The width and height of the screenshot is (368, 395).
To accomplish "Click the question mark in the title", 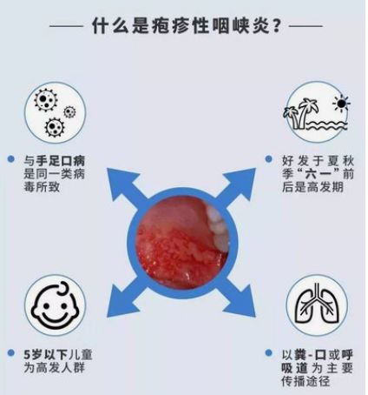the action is (276, 26).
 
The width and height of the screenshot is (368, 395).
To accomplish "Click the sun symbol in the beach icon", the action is (341, 103).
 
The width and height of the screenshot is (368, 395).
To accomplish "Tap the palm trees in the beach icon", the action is (301, 114).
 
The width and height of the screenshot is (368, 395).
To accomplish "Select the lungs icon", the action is (317, 305).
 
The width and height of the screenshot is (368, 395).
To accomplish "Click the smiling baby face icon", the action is (55, 305).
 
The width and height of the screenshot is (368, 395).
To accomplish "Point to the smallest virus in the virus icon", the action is (69, 111).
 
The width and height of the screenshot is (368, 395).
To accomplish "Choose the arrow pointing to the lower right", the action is (239, 298).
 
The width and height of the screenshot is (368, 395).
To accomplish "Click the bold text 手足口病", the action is (60, 160).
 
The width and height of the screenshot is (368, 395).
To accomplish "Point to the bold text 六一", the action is (321, 174).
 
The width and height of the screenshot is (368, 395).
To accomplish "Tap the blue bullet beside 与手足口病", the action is (11, 159).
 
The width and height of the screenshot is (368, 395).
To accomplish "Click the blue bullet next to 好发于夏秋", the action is (268, 159).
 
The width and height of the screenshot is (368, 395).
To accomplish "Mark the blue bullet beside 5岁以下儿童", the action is (11, 352).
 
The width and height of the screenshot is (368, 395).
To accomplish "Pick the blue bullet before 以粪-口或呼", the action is (268, 352).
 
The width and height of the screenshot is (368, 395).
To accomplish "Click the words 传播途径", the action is (306, 381).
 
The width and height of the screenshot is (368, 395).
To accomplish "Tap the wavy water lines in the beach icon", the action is (327, 125).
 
